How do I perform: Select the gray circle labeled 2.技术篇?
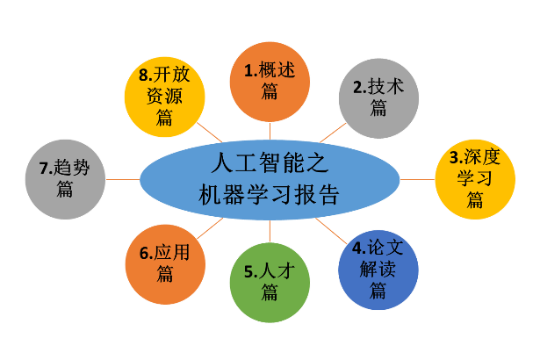[x=378, y=97]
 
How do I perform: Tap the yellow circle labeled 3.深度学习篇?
[x=475, y=179]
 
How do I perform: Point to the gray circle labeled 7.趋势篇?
[x=64, y=178]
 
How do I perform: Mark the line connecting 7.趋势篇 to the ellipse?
[x=122, y=179]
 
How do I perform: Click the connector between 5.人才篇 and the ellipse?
[x=269, y=231]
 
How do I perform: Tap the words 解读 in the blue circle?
[x=378, y=269]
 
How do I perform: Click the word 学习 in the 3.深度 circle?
[x=475, y=180]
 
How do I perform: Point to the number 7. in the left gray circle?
[x=45, y=168]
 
